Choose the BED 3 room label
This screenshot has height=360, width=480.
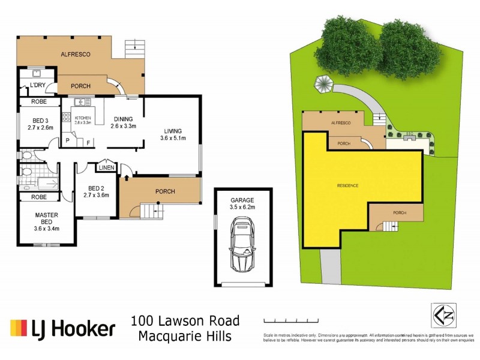[x=41, y=123]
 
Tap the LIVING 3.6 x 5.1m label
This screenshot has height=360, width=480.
[x=173, y=134]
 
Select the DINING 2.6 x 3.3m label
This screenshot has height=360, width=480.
[x=124, y=122]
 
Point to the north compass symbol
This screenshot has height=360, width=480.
[x=442, y=314]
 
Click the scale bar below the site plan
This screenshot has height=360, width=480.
[x=287, y=320]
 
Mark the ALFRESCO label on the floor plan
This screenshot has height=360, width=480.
[x=76, y=54]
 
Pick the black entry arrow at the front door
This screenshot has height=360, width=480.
[x=127, y=178]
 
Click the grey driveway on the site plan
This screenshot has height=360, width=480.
[x=330, y=267]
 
